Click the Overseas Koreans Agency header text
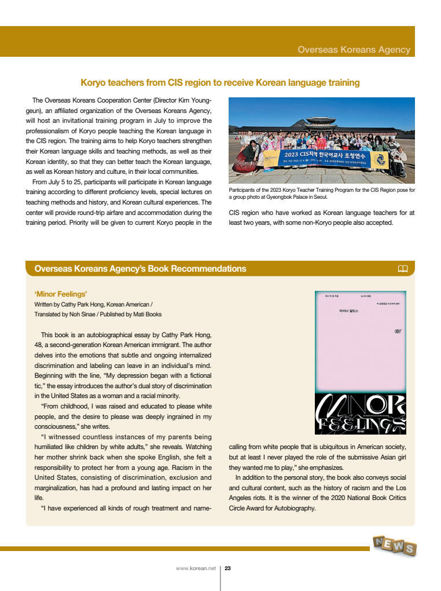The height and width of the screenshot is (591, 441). click(354, 50)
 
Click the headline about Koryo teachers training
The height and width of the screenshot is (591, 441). click(220, 83)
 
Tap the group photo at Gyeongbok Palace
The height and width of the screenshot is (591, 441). click(322, 140)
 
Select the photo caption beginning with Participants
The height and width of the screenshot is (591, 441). click(322, 194)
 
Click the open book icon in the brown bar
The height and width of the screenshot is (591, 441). click(403, 268)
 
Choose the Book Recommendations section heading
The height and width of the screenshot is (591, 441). click(140, 269)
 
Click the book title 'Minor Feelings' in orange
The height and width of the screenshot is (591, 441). click(61, 294)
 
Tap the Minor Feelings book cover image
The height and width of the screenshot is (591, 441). click(360, 362)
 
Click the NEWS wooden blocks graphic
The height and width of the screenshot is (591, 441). click(395, 545)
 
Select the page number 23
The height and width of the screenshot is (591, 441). click(227, 568)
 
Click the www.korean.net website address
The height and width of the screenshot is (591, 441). click(196, 568)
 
